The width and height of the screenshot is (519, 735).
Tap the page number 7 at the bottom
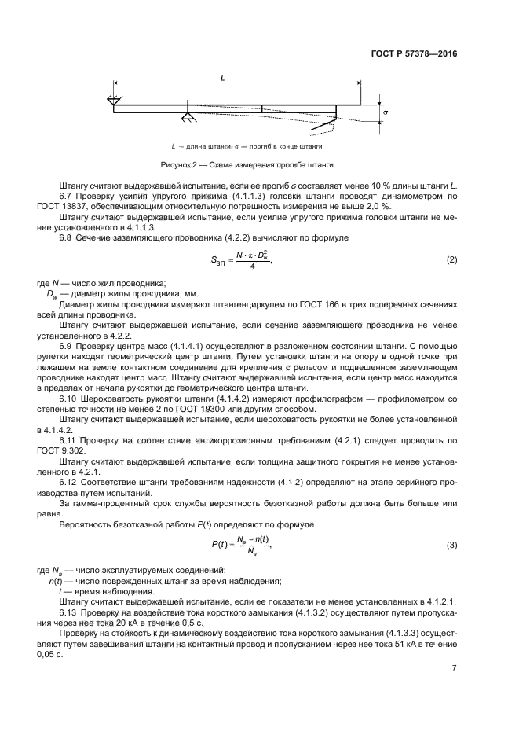click(454, 669)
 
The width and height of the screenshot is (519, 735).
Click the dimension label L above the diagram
click(224, 79)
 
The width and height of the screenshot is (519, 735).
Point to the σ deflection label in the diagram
click(386, 112)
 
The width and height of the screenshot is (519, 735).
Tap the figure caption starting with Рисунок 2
click(247, 165)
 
